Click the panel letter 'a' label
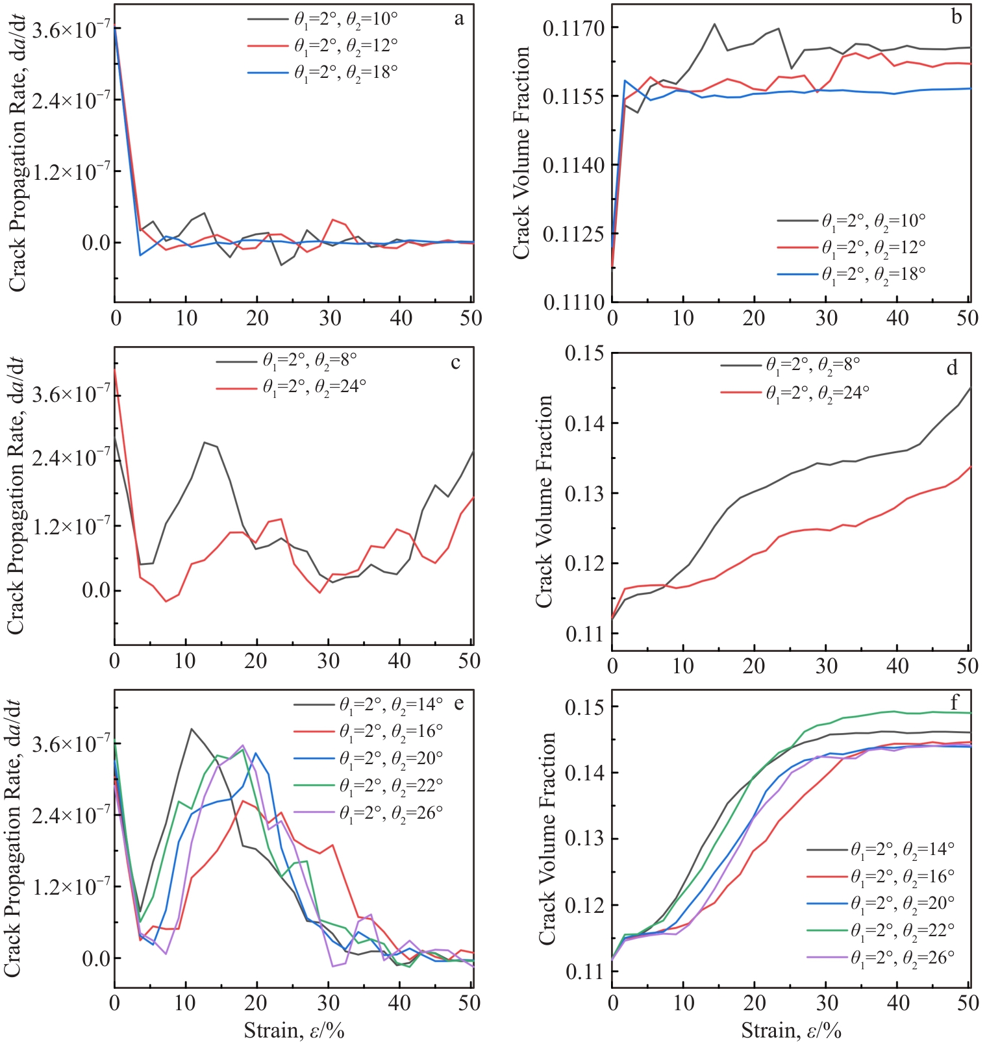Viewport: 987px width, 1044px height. click(x=459, y=19)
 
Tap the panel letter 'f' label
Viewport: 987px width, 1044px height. click(x=954, y=702)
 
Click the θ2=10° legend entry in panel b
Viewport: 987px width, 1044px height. click(x=851, y=221)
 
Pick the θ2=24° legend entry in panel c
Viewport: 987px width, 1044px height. click(x=292, y=387)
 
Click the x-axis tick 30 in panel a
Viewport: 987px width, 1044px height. click(x=330, y=318)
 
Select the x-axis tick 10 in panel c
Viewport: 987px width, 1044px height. click(x=186, y=661)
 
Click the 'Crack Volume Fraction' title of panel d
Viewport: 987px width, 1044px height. click(x=544, y=501)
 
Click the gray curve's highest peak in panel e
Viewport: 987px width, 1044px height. click(x=192, y=728)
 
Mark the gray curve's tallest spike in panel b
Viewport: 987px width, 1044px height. click(x=714, y=24)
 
